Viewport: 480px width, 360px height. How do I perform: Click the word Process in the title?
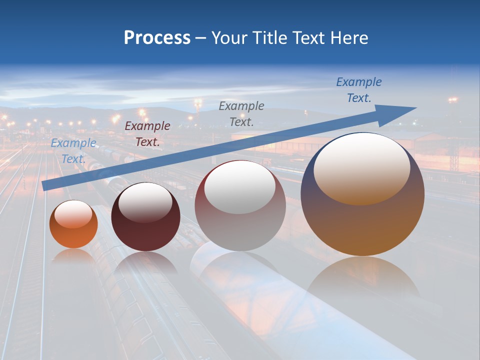click(157, 38)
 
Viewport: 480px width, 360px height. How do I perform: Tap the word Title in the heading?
click(269, 38)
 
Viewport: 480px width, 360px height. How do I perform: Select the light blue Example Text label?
click(73, 150)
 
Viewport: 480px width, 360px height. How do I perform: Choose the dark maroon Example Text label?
click(147, 133)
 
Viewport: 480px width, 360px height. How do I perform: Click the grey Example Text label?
click(241, 113)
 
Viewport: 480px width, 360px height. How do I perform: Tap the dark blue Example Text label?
click(359, 89)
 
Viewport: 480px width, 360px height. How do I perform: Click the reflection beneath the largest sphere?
click(363, 280)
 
